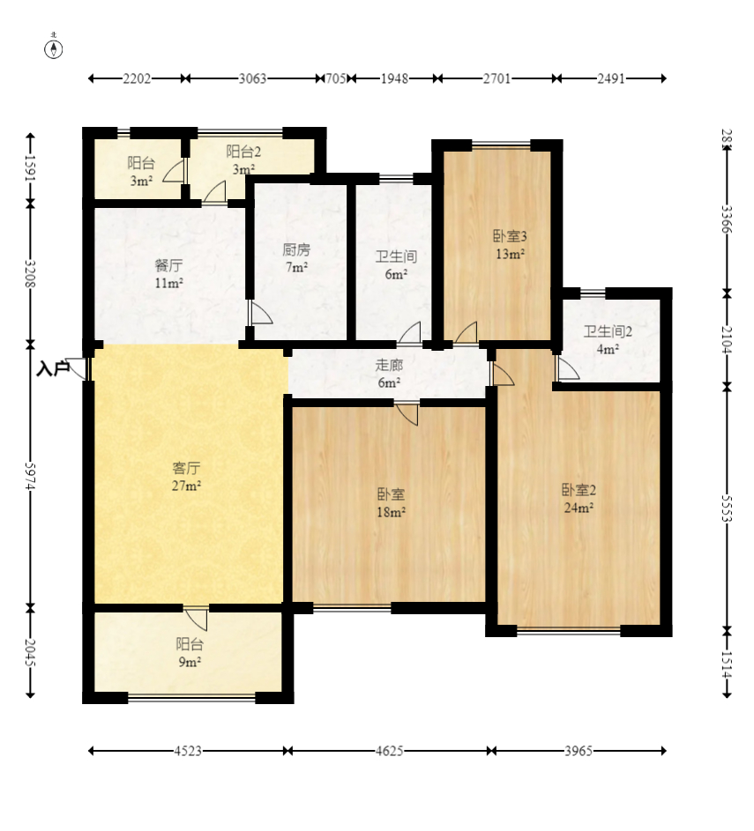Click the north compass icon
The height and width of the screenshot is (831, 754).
54,48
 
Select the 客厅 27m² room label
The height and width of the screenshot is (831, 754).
187,477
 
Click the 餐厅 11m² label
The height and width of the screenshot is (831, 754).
169,274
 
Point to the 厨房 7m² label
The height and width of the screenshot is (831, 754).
296,258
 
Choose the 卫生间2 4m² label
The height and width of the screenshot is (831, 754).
608,340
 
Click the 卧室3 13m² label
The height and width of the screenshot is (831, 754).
510,245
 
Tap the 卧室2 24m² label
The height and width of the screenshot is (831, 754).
579,499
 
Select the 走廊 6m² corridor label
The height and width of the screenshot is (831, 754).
389,374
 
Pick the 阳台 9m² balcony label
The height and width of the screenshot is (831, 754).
190,653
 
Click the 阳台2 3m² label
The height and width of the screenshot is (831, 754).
244,160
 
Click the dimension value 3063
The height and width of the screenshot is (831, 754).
252,78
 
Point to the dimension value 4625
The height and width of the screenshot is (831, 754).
390,751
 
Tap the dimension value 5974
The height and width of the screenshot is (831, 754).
30,477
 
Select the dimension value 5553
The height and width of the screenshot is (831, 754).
727,509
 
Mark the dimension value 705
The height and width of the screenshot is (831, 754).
335,78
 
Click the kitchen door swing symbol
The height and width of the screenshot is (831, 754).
260,313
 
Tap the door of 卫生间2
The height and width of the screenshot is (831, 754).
567,367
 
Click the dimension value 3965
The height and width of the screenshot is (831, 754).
579,751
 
